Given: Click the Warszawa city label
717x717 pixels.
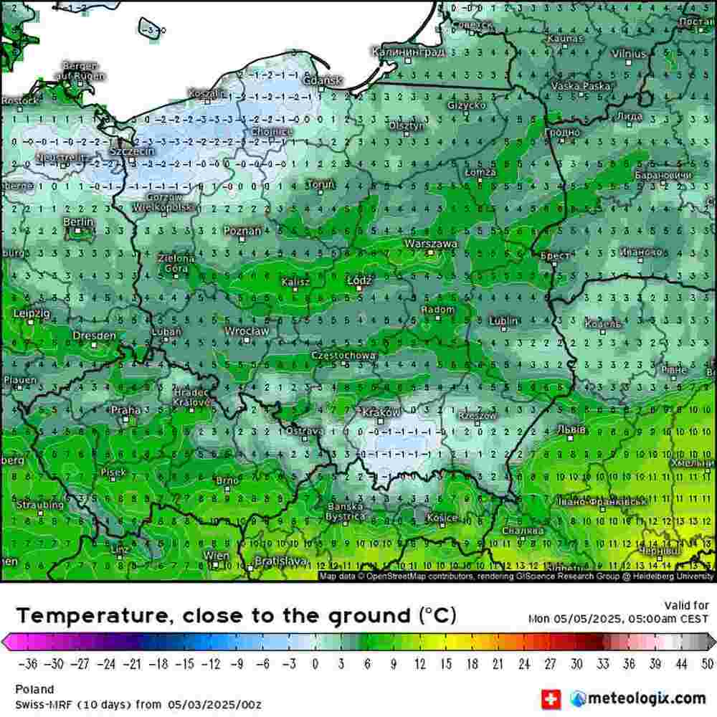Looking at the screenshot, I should (x=431, y=244).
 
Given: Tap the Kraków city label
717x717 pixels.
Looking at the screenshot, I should (x=381, y=413).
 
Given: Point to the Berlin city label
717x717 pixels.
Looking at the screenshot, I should (x=78, y=222).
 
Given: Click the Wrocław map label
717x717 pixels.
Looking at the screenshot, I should (x=247, y=331).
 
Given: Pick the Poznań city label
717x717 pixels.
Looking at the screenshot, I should (x=242, y=231).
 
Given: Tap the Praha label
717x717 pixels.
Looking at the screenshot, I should (x=125, y=410).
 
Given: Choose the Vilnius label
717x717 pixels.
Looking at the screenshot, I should (x=629, y=54).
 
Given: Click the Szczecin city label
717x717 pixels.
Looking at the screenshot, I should (x=129, y=152).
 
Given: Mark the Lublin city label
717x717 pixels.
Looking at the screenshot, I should (x=504, y=320).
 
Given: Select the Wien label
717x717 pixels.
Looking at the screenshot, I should (x=217, y=556).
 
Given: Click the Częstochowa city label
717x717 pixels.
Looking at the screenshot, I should (x=344, y=356).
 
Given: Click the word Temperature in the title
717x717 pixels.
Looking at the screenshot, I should (x=90, y=615).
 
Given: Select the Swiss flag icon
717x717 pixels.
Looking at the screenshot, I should (x=551, y=698).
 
